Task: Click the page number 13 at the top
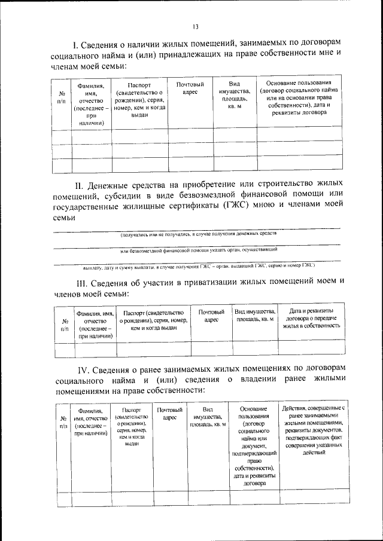195,26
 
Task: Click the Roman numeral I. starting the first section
75,44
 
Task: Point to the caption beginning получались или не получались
197,235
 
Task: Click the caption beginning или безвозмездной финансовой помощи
197,250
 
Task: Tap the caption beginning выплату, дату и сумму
197,264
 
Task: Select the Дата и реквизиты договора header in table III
311,319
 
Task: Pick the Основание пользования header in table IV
256,447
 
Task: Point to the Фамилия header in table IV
90,421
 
